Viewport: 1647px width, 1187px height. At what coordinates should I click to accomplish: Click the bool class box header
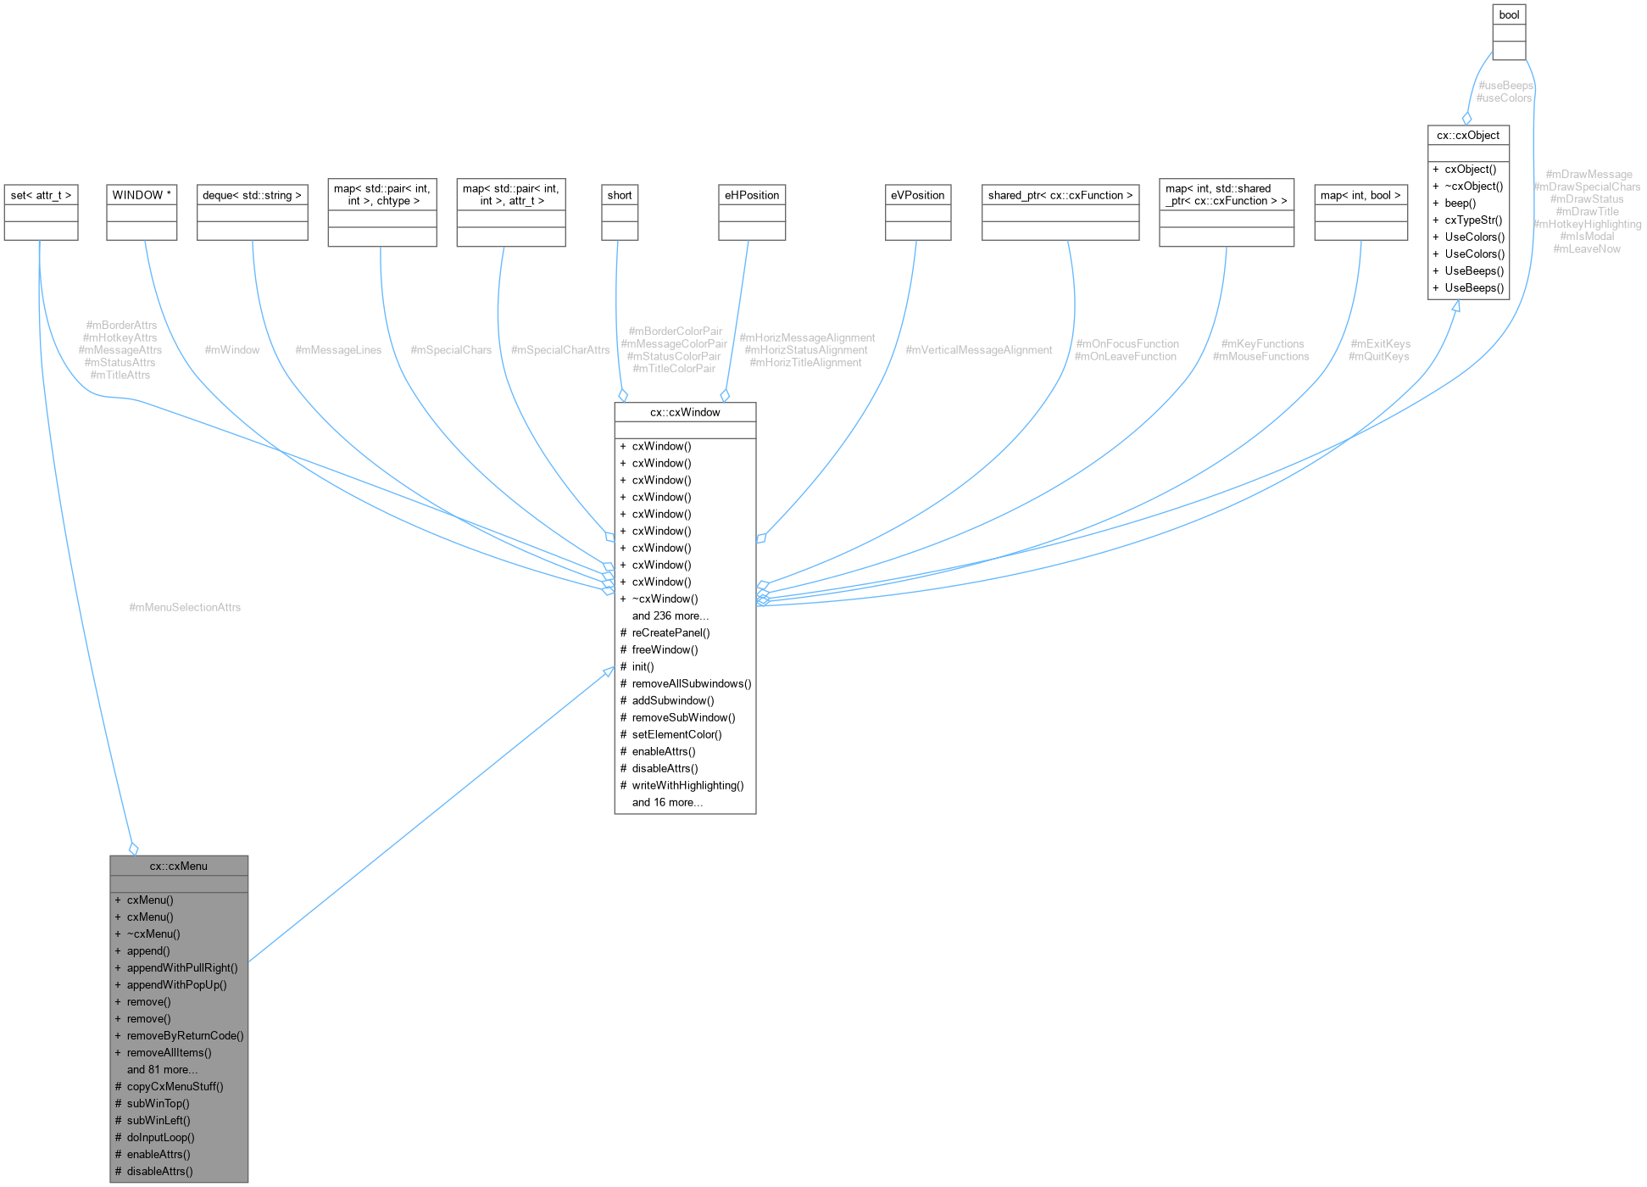click(1509, 14)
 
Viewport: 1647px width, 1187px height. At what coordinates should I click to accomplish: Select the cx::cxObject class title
click(1468, 135)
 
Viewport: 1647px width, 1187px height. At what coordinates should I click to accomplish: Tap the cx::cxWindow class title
click(685, 412)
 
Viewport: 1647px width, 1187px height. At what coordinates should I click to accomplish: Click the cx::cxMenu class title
click(179, 866)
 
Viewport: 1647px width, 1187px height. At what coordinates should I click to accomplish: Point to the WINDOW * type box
click(142, 195)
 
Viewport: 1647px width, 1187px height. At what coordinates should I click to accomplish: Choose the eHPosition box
click(751, 195)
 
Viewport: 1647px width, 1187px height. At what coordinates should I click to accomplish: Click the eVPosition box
click(917, 195)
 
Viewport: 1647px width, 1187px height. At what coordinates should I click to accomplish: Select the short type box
click(620, 195)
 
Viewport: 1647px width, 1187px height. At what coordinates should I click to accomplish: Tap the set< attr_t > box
click(41, 195)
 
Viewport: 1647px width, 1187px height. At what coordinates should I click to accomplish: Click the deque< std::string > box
click(252, 195)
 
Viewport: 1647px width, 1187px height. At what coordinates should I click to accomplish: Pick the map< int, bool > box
click(1360, 195)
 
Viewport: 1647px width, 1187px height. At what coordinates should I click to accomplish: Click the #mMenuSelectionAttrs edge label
click(185, 607)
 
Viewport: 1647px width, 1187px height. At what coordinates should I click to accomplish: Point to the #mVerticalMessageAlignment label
click(978, 350)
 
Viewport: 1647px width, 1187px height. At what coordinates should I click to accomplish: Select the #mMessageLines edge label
click(338, 350)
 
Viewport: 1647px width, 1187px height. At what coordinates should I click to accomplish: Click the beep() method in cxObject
click(1460, 203)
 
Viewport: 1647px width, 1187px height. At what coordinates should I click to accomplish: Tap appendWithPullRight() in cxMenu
click(182, 967)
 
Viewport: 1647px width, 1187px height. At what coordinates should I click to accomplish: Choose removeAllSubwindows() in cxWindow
click(691, 683)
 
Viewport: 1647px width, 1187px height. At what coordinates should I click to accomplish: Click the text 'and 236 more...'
click(670, 616)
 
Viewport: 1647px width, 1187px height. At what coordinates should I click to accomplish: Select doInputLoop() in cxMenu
click(160, 1137)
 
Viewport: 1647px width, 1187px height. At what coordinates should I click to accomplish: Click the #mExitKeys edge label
click(1380, 343)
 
